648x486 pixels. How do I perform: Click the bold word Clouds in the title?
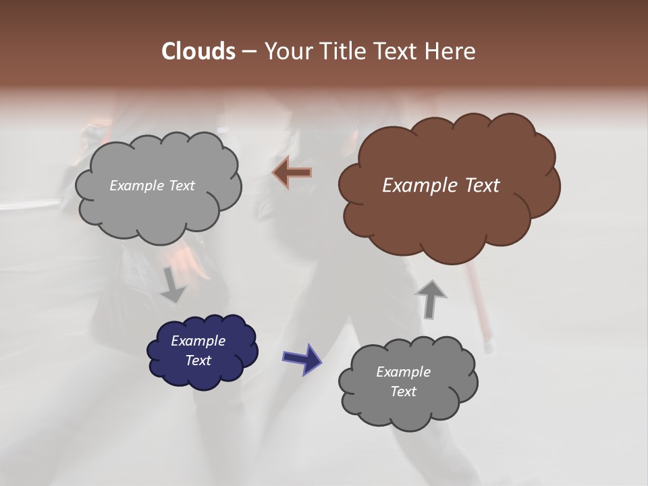(x=198, y=51)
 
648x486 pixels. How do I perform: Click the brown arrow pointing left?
(x=292, y=172)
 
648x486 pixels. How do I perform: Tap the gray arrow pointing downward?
(x=173, y=284)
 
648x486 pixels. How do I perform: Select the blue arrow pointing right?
(x=302, y=358)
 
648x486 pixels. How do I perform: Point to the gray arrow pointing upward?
(x=431, y=299)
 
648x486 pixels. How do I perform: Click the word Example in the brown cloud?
(x=420, y=186)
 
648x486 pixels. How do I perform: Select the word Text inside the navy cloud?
(x=198, y=360)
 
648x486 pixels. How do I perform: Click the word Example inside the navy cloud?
(x=198, y=341)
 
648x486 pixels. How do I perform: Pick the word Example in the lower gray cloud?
(x=403, y=372)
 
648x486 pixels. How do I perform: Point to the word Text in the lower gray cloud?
(x=403, y=391)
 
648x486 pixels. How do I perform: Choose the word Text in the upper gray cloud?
(x=182, y=186)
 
